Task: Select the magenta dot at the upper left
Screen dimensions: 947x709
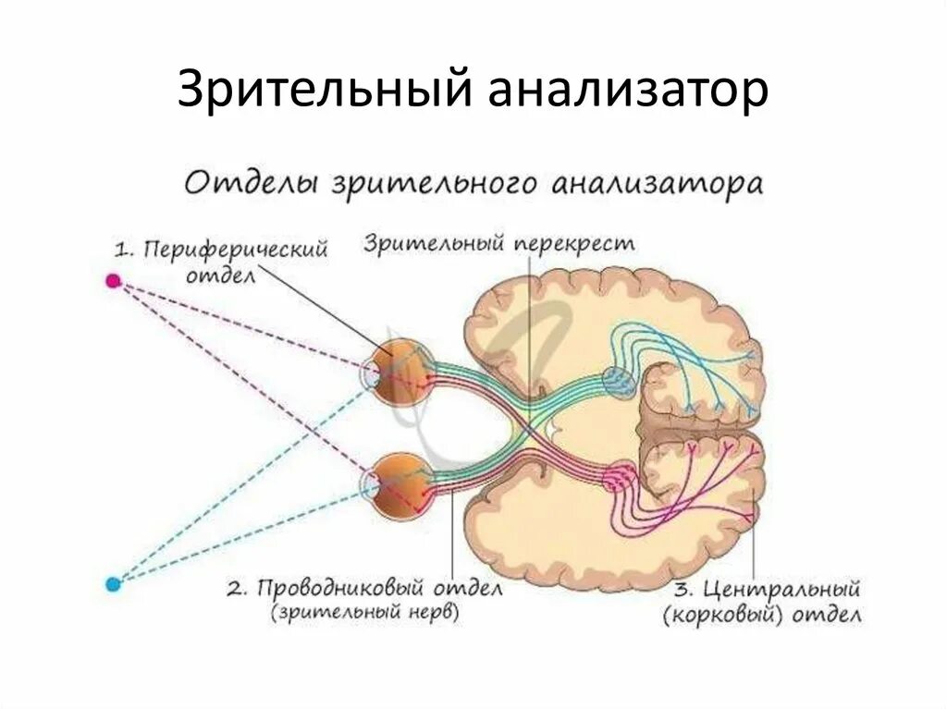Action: [x=113, y=280]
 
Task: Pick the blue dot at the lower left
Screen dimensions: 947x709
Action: [x=113, y=583]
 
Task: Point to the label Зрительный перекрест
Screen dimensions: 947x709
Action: [x=499, y=244]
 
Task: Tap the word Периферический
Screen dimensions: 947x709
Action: [x=236, y=251]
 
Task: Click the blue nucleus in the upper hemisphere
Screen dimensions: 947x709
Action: [x=619, y=380]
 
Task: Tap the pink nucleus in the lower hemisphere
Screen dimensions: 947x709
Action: [x=617, y=477]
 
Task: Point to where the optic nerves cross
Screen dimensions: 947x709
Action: [x=525, y=426]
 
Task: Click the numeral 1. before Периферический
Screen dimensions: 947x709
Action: [x=125, y=251]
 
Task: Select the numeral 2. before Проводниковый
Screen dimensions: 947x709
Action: [x=239, y=588]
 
